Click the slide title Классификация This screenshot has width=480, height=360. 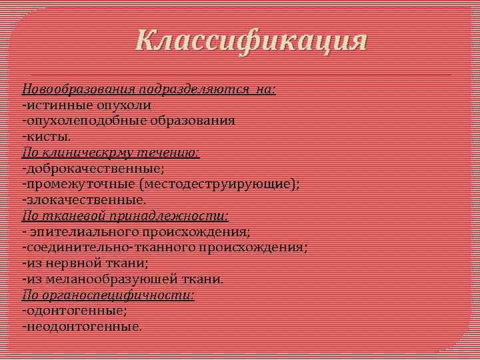click(251, 41)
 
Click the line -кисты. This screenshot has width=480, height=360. click(46, 137)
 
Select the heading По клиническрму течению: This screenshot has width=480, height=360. click(111, 153)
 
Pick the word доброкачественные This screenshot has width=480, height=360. click(93, 168)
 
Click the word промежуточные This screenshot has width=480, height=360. click(75, 184)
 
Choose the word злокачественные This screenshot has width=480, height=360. click(84, 199)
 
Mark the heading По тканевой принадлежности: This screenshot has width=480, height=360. click(125, 215)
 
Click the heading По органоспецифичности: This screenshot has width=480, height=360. click(109, 295)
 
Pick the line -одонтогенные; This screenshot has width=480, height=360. click(75, 310)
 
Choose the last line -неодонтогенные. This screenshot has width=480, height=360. click(82, 326)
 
